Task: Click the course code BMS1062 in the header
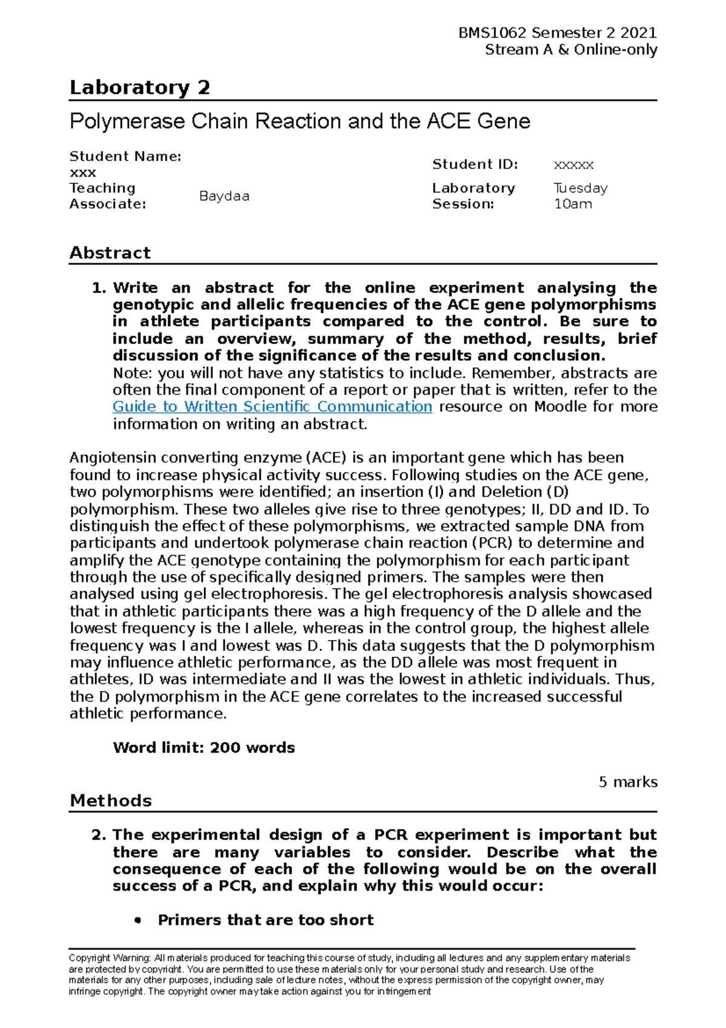pyautogui.click(x=492, y=33)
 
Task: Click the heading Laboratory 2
pyautogui.click(x=140, y=88)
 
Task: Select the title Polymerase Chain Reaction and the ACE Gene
pyautogui.click(x=300, y=122)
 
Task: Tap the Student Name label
pyautogui.click(x=125, y=156)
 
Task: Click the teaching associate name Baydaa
pyautogui.click(x=224, y=196)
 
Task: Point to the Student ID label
pyautogui.click(x=475, y=164)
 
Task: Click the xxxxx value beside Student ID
pyautogui.click(x=574, y=165)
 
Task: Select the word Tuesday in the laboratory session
pyautogui.click(x=580, y=188)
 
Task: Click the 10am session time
pyautogui.click(x=573, y=204)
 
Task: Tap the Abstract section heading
pyautogui.click(x=110, y=253)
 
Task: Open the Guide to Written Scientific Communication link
pyautogui.click(x=272, y=407)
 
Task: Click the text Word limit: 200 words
pyautogui.click(x=204, y=748)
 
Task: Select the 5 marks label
pyautogui.click(x=627, y=782)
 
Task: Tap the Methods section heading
pyautogui.click(x=111, y=801)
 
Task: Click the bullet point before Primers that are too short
pyautogui.click(x=139, y=920)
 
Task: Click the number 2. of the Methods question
pyautogui.click(x=99, y=835)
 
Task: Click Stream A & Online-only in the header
pyautogui.click(x=571, y=50)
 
